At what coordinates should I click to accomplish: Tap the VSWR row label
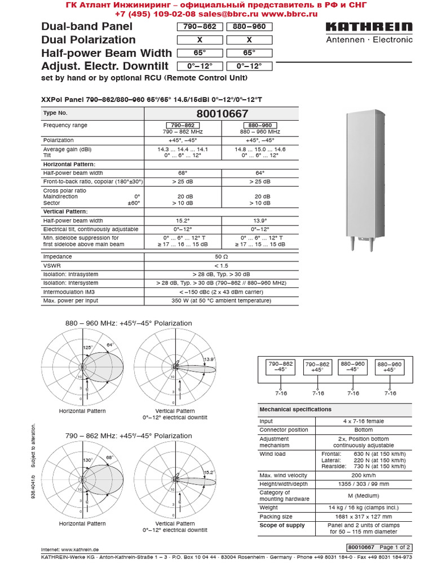pyautogui.click(x=51, y=265)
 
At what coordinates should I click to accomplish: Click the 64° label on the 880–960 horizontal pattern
pyautogui.click(x=111, y=345)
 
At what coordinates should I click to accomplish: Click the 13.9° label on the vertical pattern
pyautogui.click(x=209, y=359)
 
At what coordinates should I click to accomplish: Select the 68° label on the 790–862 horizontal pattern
pyautogui.click(x=109, y=458)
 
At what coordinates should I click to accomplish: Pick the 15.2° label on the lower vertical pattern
pyautogui.click(x=209, y=472)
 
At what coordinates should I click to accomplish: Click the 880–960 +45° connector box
pyautogui.click(x=390, y=367)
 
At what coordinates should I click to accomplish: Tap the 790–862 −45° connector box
pyautogui.click(x=280, y=367)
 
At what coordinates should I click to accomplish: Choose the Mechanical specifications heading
pyautogui.click(x=295, y=409)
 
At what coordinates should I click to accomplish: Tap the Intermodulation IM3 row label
pyautogui.click(x=69, y=292)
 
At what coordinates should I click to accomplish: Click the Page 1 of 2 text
pyautogui.click(x=395, y=547)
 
